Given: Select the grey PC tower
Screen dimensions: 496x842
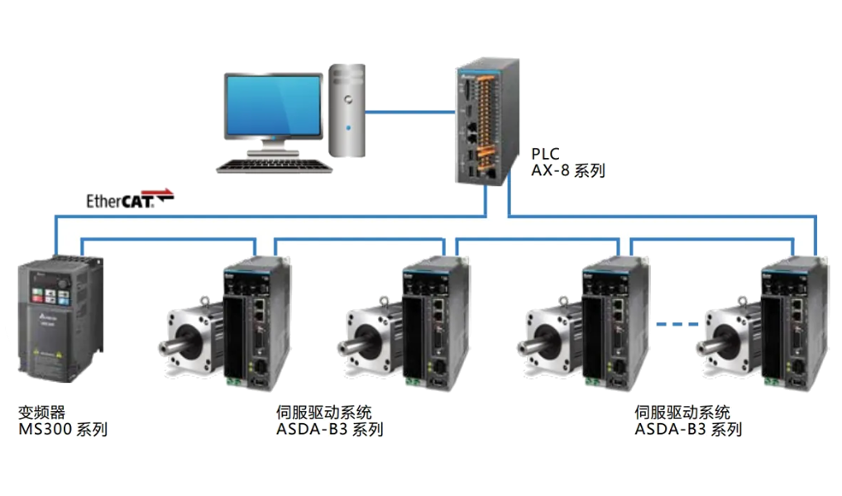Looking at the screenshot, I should (x=347, y=110).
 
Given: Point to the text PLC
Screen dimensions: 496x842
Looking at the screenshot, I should (x=545, y=155).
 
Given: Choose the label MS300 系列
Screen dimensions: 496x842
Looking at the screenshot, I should (x=63, y=430).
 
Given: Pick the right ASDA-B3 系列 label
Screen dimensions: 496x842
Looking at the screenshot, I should (x=688, y=430).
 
